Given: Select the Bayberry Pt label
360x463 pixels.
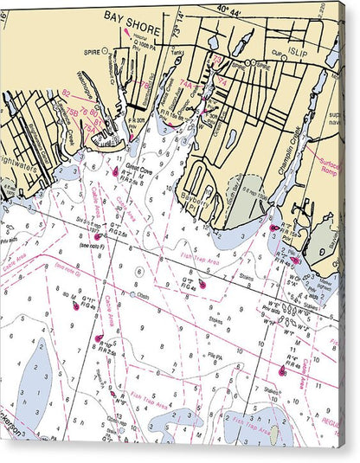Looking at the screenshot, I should pyautogui.click(x=201, y=201).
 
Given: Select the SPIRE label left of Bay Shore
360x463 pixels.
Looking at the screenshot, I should pyautogui.click(x=91, y=51).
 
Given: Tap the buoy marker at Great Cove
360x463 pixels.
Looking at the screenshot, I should pyautogui.click(x=114, y=172).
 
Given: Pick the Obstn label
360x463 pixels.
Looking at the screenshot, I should pyautogui.click(x=144, y=294).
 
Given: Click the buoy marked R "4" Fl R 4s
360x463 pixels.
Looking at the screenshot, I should pyautogui.click(x=282, y=372).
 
